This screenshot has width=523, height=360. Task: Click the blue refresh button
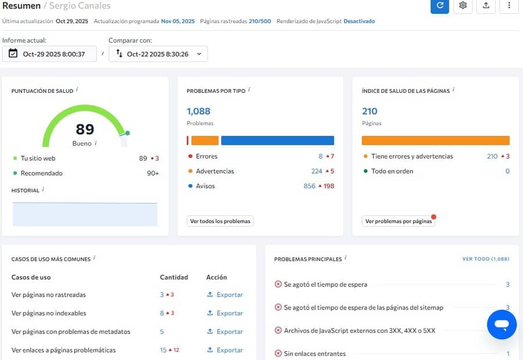(x=439, y=5)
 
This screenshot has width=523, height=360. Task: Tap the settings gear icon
(x=463, y=5)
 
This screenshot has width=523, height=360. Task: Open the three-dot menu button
(x=509, y=5)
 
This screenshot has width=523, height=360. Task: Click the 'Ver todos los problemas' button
(x=220, y=221)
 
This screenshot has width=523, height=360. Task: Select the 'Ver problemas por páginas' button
(x=399, y=221)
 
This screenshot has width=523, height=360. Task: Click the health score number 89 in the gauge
(x=85, y=129)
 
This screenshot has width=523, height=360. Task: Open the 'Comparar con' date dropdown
(x=158, y=54)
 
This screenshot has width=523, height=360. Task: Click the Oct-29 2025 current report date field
(x=49, y=54)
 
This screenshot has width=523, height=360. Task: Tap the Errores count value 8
(x=320, y=156)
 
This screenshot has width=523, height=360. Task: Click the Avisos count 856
(x=309, y=186)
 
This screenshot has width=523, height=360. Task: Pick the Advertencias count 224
(x=316, y=171)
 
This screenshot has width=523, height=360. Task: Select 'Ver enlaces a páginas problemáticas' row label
(x=63, y=350)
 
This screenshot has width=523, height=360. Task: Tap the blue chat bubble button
(x=502, y=324)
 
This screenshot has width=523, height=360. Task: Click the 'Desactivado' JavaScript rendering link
(x=359, y=21)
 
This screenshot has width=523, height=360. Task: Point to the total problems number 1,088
(x=199, y=111)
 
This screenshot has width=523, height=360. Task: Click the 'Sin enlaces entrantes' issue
(x=315, y=354)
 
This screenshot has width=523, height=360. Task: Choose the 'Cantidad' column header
(x=174, y=278)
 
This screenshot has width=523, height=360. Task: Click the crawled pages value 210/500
(x=260, y=21)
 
